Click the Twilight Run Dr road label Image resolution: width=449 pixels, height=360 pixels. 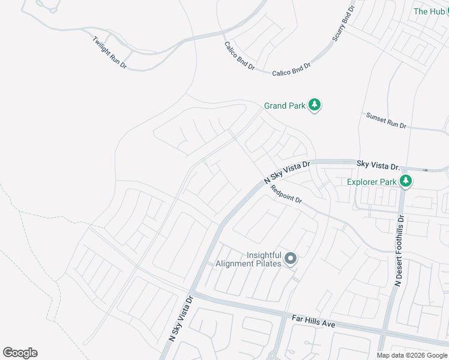[109, 52]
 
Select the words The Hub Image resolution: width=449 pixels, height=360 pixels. [429, 11]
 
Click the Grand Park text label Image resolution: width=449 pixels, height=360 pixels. [285, 106]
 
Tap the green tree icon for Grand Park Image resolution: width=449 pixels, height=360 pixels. [315, 106]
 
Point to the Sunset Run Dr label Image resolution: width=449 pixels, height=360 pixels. [387, 121]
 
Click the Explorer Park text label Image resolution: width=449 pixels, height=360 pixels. [372, 181]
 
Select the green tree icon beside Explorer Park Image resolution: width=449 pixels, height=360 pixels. [406, 181]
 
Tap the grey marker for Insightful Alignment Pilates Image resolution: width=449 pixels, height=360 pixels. [291, 259]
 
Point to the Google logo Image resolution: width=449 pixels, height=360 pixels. [20, 353]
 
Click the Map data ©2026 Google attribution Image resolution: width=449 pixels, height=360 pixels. [412, 355]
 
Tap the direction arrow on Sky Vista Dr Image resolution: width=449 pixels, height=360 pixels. [425, 170]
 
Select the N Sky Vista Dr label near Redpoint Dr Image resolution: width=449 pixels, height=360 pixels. [287, 172]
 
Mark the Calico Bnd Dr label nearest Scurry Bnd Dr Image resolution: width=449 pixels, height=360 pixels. [291, 70]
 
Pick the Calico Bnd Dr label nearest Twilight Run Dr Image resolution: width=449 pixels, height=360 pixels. [239, 56]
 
